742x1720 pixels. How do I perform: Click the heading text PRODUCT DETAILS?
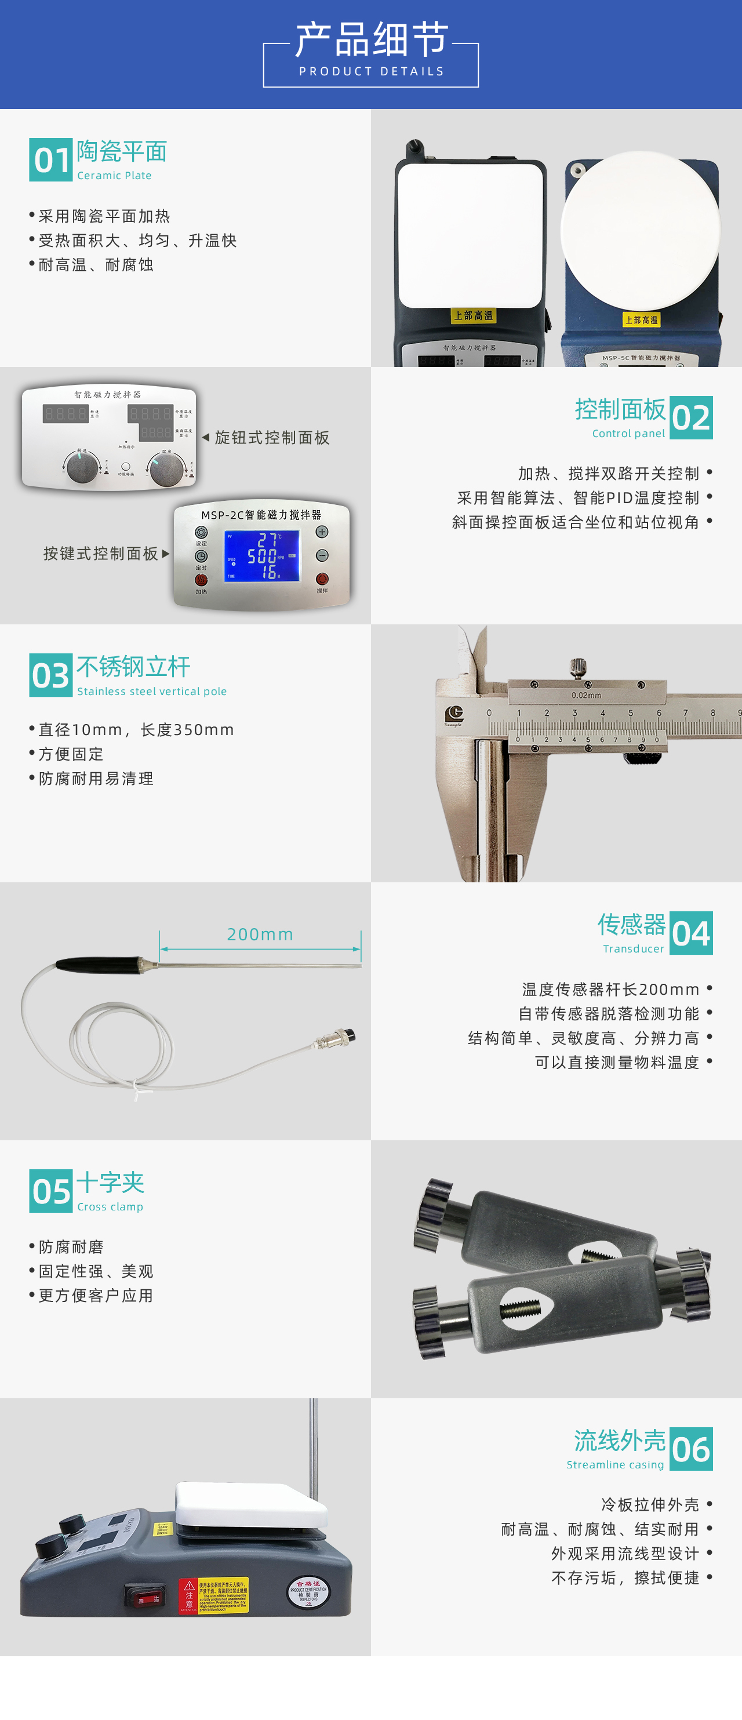[x=372, y=71]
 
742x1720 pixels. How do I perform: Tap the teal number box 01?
[x=51, y=160]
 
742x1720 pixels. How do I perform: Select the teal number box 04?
[x=690, y=933]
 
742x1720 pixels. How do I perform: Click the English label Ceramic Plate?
[x=114, y=176]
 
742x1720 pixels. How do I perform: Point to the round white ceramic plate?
[x=640, y=228]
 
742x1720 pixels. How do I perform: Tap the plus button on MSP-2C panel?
[x=322, y=532]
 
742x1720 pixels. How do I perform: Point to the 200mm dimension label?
[x=260, y=934]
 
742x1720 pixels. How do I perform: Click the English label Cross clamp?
[x=110, y=1206]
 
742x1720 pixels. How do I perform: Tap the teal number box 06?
[x=690, y=1449]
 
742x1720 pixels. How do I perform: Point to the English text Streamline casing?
[x=615, y=1464]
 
